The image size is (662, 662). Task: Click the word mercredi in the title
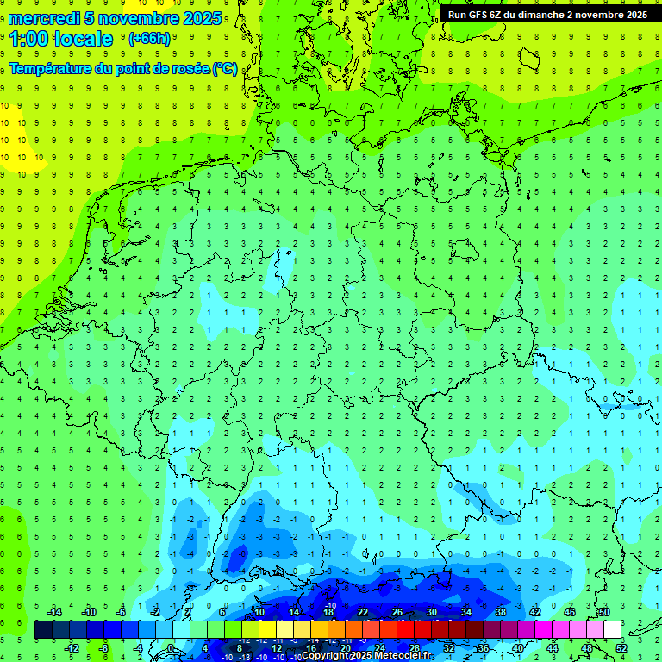(x=46, y=18)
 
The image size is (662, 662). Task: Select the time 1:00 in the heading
(x=28, y=39)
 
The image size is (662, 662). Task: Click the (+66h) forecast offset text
(x=149, y=39)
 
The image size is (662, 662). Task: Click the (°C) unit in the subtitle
(x=225, y=69)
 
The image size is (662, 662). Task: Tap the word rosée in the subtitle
(x=190, y=69)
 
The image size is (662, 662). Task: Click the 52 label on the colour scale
(x=621, y=647)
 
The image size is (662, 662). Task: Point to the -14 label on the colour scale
(x=53, y=612)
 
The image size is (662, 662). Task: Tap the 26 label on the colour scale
(x=397, y=612)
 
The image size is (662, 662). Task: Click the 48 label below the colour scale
(x=587, y=647)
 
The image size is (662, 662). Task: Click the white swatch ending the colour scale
(x=613, y=629)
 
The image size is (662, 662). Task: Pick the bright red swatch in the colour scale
(x=406, y=629)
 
